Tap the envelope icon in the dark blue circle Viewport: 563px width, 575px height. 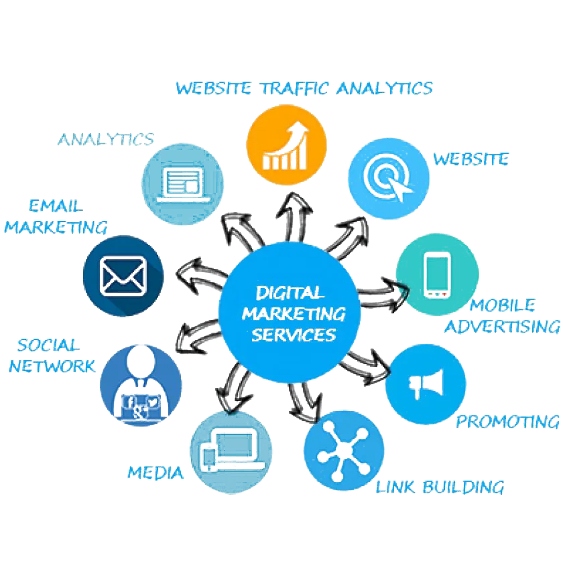[x=123, y=275]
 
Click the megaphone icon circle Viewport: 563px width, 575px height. [x=426, y=384]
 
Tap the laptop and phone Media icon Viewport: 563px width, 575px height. [x=231, y=452]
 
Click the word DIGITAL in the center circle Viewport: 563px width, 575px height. [x=290, y=293]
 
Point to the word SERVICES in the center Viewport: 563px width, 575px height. [x=294, y=333]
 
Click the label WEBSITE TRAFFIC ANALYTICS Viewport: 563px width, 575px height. [x=304, y=88]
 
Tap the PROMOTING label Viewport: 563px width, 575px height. [x=507, y=422]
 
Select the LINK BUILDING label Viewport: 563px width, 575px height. [x=439, y=487]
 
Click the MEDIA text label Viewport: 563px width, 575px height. [x=156, y=473]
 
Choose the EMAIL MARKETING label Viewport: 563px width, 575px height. [x=55, y=216]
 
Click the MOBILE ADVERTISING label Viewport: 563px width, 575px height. [x=502, y=316]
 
